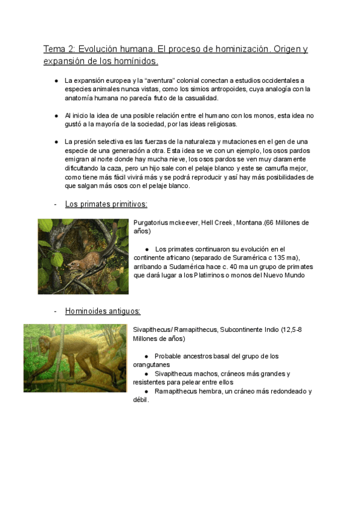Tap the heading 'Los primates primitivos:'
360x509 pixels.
[106, 204]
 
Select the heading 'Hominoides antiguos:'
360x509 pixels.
[103, 311]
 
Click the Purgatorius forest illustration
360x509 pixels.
[83, 256]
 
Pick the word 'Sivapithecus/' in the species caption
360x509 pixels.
[153, 330]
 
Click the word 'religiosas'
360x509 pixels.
[220, 124]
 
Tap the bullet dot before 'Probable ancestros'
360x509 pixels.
[147, 356]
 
